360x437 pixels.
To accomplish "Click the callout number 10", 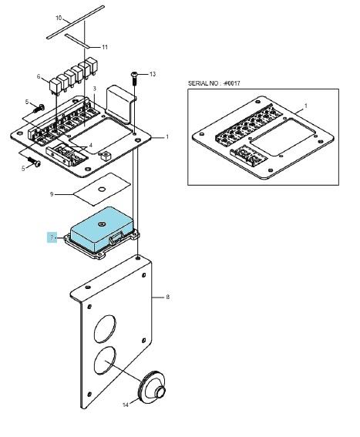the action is click(59, 18).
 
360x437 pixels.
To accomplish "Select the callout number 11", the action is click(105, 47).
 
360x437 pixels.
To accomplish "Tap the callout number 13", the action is click(153, 74).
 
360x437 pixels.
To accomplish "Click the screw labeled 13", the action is click(134, 79).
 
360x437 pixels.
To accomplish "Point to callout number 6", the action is click(39, 76).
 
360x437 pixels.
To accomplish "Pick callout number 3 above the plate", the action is click(95, 89).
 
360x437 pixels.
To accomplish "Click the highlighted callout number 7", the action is click(52, 237).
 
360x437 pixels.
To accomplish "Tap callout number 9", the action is click(52, 194).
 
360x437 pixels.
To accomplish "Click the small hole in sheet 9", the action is click(102, 190).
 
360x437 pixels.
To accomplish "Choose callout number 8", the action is click(167, 297).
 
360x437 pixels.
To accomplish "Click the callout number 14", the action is click(126, 405).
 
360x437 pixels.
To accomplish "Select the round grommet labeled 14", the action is click(153, 387).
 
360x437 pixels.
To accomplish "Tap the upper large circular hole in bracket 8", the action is click(105, 329).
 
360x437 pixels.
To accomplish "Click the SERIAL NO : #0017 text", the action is click(214, 83).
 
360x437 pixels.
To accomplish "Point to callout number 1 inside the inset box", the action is click(306, 106).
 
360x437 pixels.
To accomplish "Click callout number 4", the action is click(90, 145).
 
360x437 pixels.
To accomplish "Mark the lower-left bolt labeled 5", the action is click(34, 161).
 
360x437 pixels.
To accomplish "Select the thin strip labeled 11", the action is click(78, 41).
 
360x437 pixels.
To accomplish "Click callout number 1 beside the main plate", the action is click(167, 137).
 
